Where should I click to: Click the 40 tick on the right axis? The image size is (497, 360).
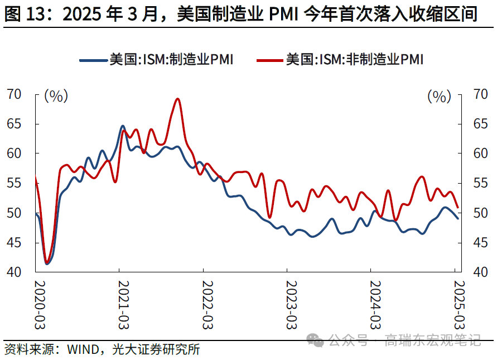pos(480,272)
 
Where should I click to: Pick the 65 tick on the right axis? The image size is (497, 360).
pos(480,124)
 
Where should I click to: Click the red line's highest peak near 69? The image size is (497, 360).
pos(178,99)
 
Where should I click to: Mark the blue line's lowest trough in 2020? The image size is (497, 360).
pos(47,263)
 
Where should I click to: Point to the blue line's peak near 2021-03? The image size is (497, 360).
pos(123,126)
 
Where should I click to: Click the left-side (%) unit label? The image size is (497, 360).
pos(56,96)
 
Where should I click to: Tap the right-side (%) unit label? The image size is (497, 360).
pos(439,96)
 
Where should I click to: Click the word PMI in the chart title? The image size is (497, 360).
pos(287,15)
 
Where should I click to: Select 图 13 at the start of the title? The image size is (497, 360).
pos(26,15)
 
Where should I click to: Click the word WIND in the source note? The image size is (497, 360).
pos(84,350)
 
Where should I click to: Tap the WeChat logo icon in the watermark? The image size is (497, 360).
pos(316,339)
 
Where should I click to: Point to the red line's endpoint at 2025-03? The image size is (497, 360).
pos(458,208)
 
